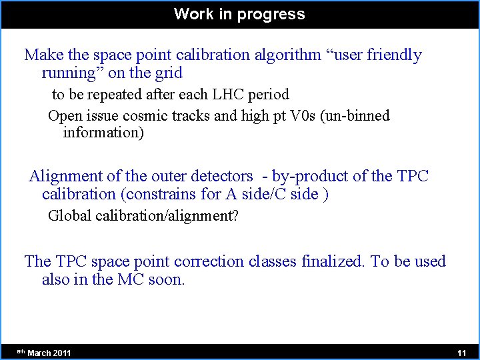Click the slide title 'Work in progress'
point(239,14)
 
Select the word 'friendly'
point(393,55)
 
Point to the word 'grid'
point(168,73)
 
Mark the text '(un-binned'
point(361,116)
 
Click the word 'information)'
point(103,133)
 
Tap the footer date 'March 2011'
point(49,353)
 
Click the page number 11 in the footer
point(461,353)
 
